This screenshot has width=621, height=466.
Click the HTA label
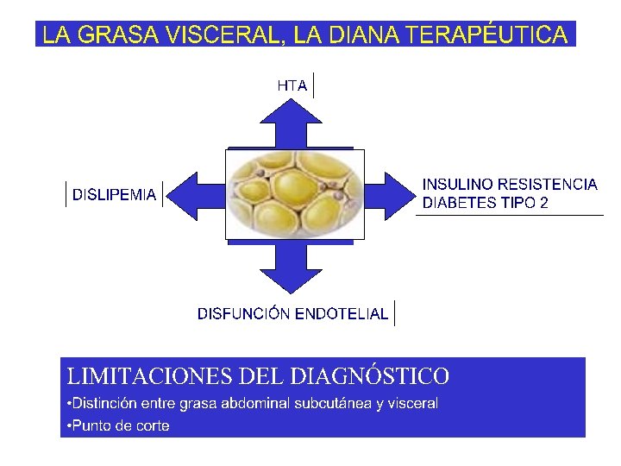292,85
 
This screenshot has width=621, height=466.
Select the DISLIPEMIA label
115,195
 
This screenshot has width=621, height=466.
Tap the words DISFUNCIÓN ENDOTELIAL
292,313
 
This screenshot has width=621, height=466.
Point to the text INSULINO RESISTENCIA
509,185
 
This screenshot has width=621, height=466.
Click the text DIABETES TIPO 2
485,204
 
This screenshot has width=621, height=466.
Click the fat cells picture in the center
294,194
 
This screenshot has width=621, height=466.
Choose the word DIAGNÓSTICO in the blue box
370,377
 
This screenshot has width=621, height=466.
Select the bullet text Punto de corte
119,425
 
